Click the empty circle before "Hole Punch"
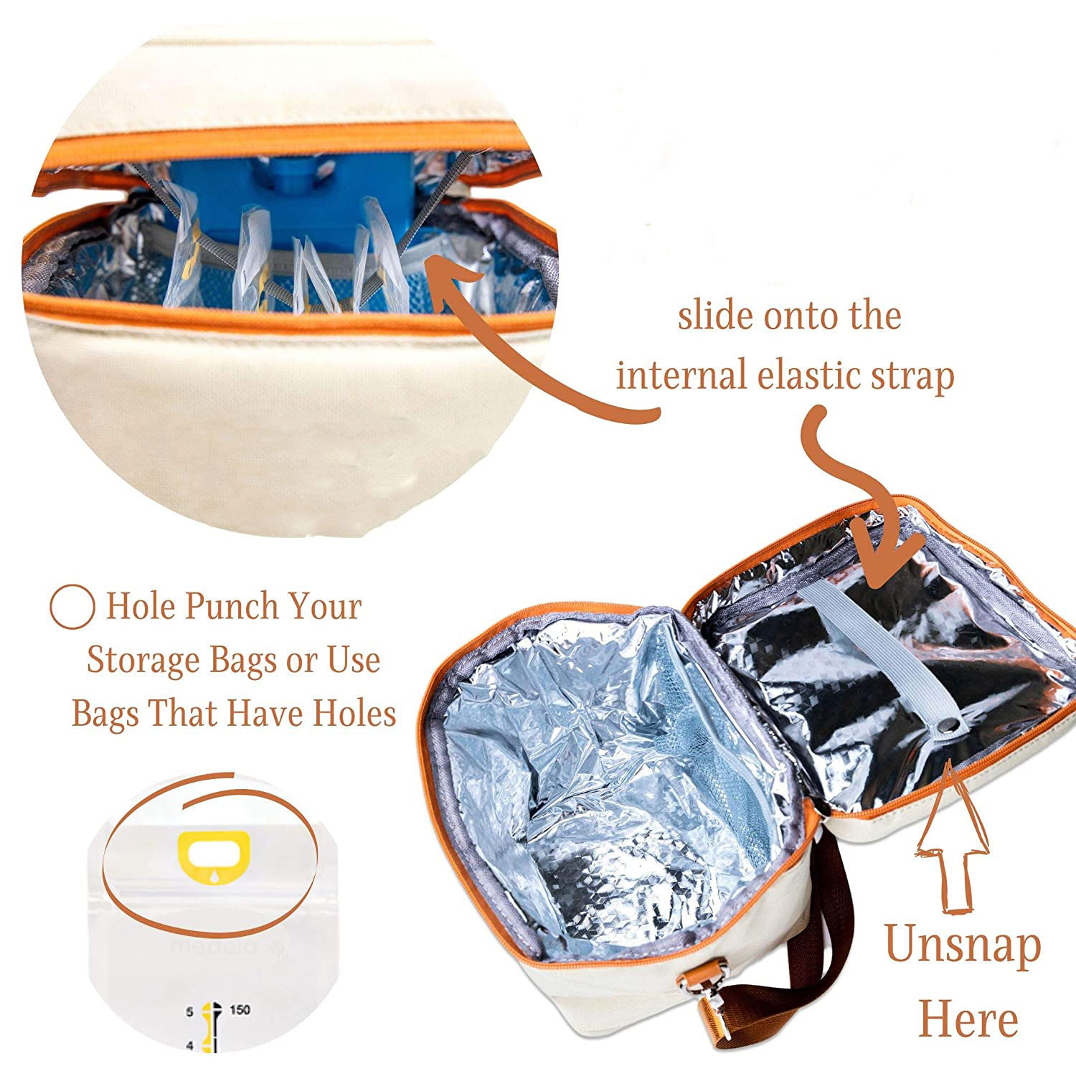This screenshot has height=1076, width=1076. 72,607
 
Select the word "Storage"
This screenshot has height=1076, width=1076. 142,660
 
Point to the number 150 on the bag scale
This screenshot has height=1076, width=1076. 240,1010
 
